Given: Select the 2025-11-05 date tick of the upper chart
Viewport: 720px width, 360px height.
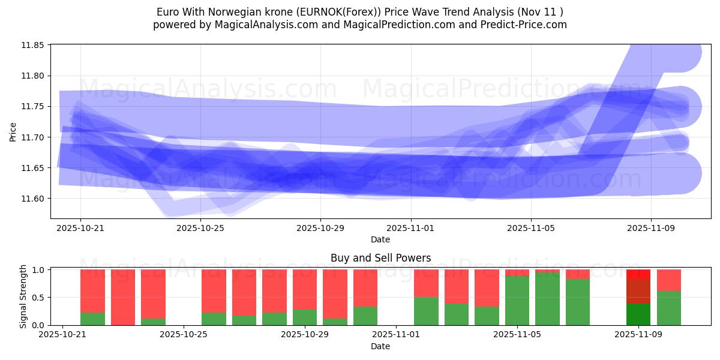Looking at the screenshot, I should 530,228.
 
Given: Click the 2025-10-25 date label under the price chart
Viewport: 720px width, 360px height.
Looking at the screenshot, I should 200,228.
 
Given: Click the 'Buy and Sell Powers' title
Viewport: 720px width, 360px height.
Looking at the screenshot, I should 380,259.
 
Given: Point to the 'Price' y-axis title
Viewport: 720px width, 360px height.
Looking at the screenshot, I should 13,131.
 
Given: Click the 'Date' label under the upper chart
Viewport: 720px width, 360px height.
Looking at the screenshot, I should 380,239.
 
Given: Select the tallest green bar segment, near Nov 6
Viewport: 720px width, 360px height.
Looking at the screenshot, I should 547,299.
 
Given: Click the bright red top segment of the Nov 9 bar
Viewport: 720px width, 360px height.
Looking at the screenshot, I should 638,274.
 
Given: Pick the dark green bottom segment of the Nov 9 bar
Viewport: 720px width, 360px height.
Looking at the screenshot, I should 638,314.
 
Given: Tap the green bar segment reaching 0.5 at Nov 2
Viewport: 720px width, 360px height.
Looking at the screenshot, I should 426,311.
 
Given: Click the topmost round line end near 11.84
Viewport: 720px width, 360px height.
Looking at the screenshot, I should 680,52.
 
